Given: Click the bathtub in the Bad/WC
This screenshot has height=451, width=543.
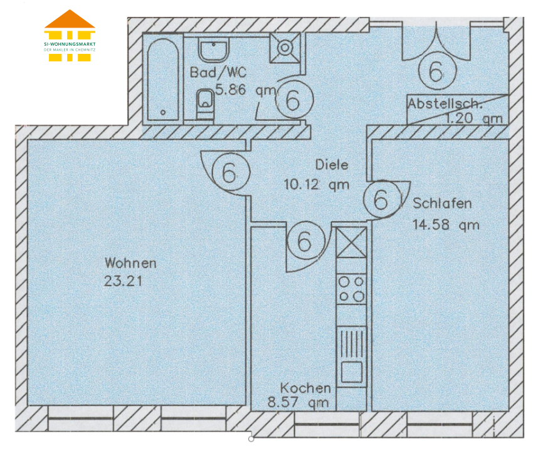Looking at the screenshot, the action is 163,80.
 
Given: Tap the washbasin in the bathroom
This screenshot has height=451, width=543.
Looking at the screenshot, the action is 214,50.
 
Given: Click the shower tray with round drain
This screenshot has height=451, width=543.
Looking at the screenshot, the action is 285,48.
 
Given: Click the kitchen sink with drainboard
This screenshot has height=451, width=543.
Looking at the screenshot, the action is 351,356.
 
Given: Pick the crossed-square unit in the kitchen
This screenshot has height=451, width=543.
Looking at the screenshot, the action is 351,242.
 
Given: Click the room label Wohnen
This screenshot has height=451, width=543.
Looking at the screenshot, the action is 130,263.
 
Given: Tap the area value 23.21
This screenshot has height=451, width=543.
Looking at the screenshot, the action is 124,281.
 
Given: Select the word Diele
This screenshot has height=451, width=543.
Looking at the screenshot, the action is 332,165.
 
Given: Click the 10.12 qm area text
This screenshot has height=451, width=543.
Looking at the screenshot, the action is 317,185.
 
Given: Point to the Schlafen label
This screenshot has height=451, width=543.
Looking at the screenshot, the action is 442,204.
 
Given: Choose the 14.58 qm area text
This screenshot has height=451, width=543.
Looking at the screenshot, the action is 446,225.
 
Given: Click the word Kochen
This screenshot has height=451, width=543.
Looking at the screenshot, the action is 305,388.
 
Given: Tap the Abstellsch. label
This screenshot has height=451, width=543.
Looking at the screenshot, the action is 445,103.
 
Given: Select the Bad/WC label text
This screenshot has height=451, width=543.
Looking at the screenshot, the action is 218,72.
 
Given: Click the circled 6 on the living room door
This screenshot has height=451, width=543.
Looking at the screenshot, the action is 231,172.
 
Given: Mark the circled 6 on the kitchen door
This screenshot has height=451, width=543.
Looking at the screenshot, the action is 306,241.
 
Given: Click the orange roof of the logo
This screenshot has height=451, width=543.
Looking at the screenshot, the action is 70,19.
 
